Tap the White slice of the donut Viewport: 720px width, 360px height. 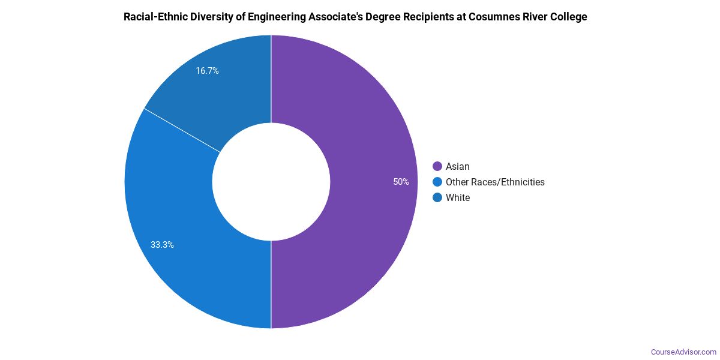click(228, 90)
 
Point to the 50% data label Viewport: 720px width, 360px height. click(401, 182)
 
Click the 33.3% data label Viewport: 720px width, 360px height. click(162, 245)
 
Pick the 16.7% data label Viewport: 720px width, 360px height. click(207, 71)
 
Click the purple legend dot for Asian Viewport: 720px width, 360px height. click(437, 166)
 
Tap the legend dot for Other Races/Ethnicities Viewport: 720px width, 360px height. click(437, 182)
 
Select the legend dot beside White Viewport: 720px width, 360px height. click(437, 197)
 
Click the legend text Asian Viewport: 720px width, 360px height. click(458, 166)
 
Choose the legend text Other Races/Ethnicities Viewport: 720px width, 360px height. click(495, 182)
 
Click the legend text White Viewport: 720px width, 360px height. click(458, 197)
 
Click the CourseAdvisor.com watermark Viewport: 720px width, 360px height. click(683, 352)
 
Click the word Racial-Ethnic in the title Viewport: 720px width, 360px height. click(152, 17)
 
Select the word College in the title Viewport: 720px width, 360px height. click(568, 17)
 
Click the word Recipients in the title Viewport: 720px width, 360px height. click(408, 17)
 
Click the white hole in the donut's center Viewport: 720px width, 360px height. click(271, 182)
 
